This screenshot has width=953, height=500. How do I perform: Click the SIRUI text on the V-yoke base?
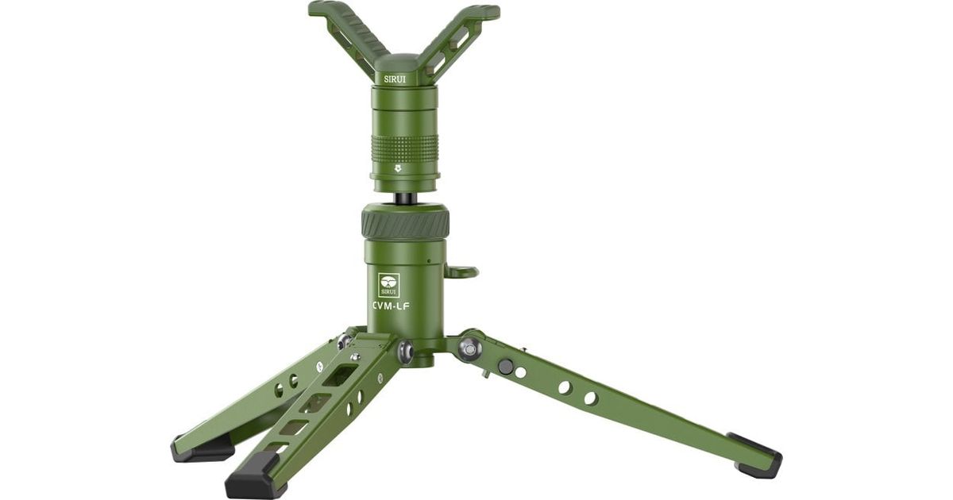(x=395, y=79)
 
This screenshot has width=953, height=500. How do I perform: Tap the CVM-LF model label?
(x=391, y=306)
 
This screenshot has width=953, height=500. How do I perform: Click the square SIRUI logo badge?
(x=389, y=285)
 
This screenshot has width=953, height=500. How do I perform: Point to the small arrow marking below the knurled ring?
(x=398, y=169)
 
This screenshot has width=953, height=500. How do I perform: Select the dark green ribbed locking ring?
(x=405, y=224)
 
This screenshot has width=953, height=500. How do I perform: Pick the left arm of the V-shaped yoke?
(x=348, y=34)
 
